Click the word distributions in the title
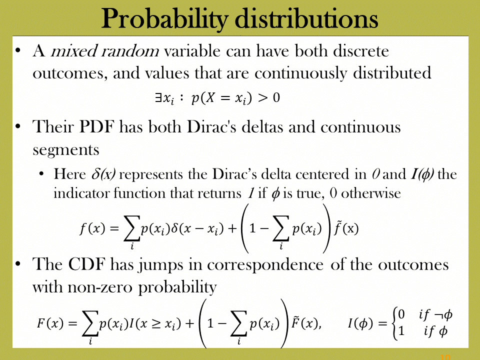point(306,18)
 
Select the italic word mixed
point(73,51)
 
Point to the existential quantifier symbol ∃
point(158,97)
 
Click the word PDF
point(96,126)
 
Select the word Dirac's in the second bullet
point(211,126)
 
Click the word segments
point(66,150)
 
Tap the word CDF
point(86,264)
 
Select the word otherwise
point(371,193)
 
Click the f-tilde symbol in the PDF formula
point(337,228)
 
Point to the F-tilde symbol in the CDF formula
point(295,323)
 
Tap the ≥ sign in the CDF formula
point(156,323)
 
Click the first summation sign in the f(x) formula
point(131,228)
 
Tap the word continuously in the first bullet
point(300,73)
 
